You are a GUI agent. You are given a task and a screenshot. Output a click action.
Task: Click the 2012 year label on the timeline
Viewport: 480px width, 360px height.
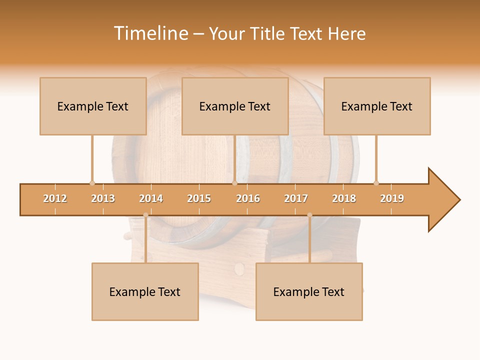(55, 198)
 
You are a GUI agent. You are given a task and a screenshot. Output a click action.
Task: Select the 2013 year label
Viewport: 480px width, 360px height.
(103, 198)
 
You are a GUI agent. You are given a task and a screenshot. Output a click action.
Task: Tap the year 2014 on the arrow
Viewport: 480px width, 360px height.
(151, 198)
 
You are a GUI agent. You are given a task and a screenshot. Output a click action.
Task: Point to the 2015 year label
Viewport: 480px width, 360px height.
(199, 198)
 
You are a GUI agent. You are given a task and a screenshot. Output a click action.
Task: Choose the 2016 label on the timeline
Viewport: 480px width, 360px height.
(248, 198)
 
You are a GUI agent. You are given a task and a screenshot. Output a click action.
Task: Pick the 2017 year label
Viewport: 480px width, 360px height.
(296, 198)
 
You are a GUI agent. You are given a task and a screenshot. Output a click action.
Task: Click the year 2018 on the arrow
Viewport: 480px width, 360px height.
(344, 198)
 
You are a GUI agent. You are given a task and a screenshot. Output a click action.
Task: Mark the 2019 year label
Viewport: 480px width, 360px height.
(392, 198)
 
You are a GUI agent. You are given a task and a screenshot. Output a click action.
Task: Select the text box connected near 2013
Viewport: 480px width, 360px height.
(93, 106)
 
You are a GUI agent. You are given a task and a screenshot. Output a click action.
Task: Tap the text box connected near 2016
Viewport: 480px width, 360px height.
(235, 106)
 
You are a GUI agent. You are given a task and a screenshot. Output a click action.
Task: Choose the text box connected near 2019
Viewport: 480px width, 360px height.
(377, 106)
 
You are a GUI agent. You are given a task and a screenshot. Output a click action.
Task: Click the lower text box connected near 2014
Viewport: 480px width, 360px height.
(145, 291)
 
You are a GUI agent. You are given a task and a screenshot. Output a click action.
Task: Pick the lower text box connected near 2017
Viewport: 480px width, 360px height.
(309, 291)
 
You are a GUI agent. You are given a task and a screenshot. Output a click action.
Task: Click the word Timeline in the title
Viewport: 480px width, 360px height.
(150, 33)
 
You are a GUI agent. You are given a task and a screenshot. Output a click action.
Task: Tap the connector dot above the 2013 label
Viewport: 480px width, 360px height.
(92, 183)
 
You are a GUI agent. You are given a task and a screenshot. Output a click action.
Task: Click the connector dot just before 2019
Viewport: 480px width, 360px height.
(376, 183)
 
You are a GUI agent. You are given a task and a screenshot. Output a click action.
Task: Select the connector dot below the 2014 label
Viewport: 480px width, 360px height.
(145, 215)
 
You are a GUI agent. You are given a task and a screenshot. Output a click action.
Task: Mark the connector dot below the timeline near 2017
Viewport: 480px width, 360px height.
(309, 215)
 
